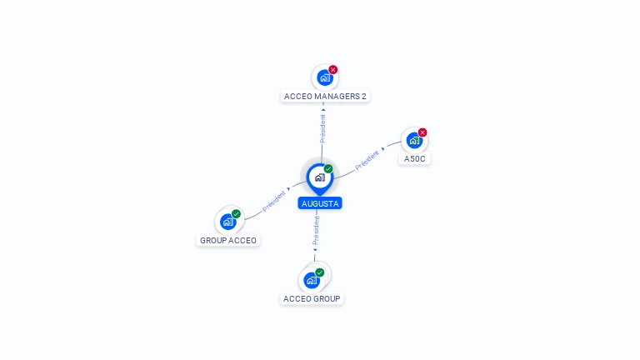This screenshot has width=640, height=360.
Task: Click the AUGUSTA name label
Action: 320,203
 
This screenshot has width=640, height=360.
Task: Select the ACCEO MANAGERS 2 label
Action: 324,96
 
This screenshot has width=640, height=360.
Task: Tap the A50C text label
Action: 414,158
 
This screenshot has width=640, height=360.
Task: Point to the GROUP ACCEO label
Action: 228,240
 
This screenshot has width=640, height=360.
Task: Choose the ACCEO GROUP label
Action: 312,298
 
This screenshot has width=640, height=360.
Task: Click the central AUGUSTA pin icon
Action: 319,177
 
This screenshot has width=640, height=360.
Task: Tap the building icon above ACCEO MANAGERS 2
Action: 324,77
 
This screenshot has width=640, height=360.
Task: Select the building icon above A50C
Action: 413,140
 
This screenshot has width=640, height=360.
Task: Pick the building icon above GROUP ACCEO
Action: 227,222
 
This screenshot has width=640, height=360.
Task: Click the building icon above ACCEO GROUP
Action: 312,280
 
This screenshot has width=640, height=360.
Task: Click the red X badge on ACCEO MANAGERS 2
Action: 333,70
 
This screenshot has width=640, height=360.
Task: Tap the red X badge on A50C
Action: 422,132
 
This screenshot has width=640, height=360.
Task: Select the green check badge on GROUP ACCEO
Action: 237,214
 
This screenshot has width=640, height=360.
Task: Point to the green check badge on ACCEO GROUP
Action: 320,272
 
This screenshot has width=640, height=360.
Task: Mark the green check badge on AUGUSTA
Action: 328,169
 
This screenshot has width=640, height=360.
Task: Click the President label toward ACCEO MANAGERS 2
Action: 322,127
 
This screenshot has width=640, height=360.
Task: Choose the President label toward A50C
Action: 367,160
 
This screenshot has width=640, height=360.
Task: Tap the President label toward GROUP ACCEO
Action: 274,200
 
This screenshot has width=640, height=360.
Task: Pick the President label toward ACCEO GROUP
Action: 316,232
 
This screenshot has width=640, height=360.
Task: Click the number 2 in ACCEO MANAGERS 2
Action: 363,96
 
